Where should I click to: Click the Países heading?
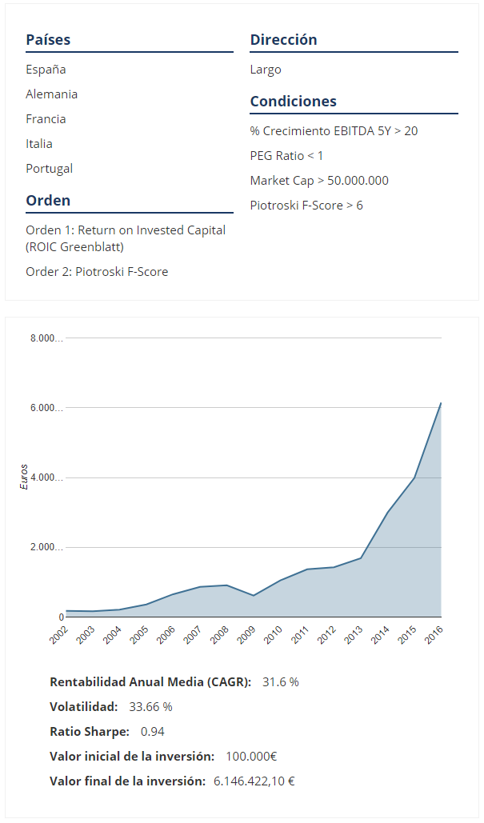(48, 40)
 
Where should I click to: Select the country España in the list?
(46, 70)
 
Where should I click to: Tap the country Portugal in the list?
(49, 169)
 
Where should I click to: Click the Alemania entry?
(51, 94)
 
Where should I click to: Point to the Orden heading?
(48, 201)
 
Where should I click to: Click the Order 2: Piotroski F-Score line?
(97, 272)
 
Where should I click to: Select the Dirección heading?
(283, 40)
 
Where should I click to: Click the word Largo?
(266, 70)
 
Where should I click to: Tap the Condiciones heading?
(293, 102)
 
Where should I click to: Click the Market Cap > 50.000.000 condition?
(319, 181)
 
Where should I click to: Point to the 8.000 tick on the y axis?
(46, 338)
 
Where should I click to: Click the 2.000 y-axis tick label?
(46, 548)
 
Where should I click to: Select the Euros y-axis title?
(24, 477)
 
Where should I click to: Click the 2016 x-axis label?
(434, 635)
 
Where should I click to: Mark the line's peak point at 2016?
(441, 403)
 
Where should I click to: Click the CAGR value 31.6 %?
(280, 682)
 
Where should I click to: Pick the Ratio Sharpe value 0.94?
(152, 732)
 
